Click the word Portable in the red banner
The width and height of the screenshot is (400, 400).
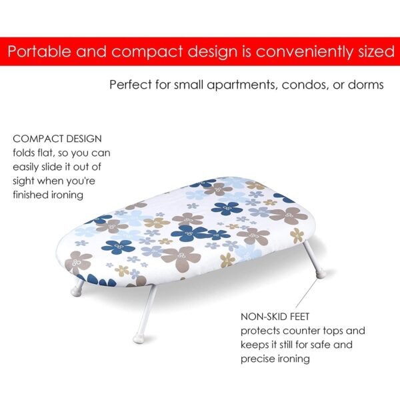40,52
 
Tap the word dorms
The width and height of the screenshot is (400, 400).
366,85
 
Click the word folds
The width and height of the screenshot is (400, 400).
26,153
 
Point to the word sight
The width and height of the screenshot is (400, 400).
26,181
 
